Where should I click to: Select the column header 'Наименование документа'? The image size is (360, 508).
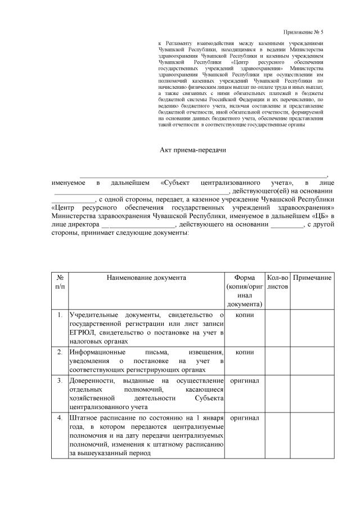click(146, 278)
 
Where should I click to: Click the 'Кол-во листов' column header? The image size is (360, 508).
click(277, 282)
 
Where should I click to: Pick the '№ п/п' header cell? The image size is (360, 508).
click(59, 282)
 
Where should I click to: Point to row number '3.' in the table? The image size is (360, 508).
click(59, 381)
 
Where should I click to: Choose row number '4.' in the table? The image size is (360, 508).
click(59, 419)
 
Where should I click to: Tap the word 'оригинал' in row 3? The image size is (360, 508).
click(245, 381)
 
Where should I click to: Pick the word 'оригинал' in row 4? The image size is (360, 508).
click(245, 419)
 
